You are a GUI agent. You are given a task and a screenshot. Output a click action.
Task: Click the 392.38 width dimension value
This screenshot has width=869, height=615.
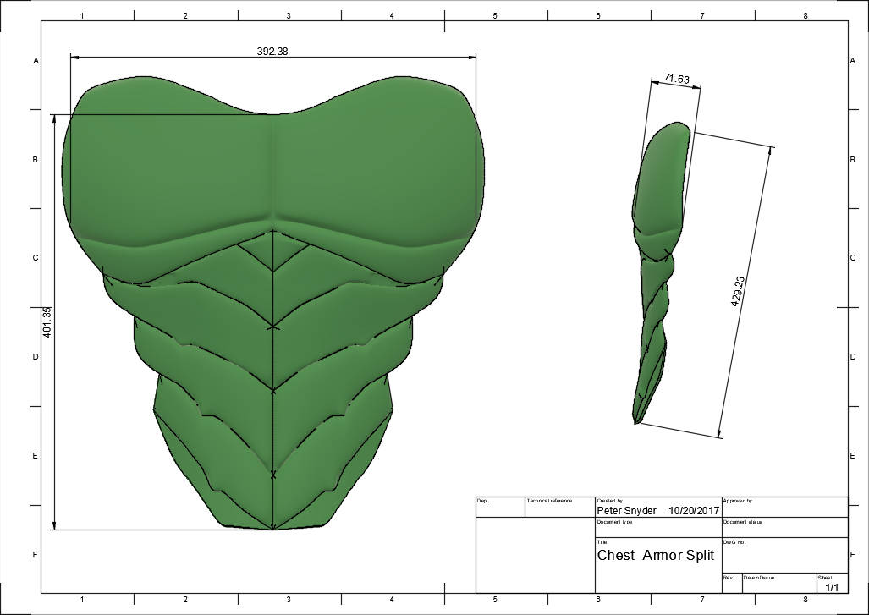[x=272, y=51]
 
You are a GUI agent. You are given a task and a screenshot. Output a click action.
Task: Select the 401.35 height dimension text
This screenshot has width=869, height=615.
[x=47, y=322]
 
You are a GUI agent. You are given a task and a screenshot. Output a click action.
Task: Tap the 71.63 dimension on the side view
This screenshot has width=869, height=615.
[x=676, y=80]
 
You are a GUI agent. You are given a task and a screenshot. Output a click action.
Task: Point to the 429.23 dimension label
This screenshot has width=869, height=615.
[x=738, y=290]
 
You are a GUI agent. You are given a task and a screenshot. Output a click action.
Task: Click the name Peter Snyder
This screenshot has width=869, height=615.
[x=626, y=511]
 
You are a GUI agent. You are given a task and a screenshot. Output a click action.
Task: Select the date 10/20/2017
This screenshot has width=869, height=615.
[x=693, y=511]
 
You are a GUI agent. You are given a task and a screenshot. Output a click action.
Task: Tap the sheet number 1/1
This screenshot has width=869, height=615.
[x=832, y=586]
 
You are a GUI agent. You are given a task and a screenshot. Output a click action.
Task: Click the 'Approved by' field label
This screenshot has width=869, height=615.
[x=738, y=501]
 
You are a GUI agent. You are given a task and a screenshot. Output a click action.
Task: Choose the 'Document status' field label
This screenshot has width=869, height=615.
[x=743, y=522]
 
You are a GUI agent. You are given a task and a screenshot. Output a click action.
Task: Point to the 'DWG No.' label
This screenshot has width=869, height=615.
[x=734, y=542]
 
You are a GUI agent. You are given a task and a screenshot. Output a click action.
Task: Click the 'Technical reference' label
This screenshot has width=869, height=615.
[x=549, y=501]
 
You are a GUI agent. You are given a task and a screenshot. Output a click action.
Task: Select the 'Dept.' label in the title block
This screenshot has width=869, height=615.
[x=483, y=501]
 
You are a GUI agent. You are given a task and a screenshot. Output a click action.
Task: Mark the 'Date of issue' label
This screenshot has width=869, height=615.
[x=759, y=578]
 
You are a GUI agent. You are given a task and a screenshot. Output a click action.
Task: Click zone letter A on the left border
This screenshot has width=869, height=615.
[x=36, y=61]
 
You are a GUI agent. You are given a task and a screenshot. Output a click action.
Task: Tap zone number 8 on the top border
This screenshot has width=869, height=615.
[x=805, y=16]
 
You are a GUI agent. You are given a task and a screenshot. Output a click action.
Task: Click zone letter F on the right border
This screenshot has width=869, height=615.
[x=850, y=555]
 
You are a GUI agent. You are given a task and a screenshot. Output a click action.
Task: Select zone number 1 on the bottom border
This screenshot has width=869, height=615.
[x=81, y=599]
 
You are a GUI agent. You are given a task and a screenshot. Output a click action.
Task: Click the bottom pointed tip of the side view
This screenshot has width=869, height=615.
[x=635, y=421]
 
